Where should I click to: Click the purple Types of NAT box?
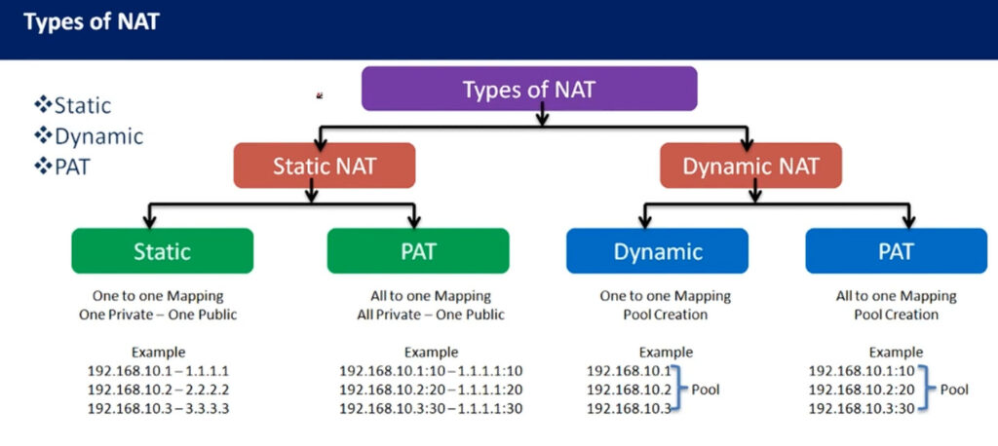pos(529,89)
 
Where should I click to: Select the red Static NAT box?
pos(324,166)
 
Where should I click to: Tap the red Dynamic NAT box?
pos(750,166)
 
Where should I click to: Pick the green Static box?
pos(163,250)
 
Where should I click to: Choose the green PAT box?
pos(418,250)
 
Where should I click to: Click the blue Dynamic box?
pos(658,250)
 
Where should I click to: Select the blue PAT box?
pos(897,250)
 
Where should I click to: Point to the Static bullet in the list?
pos(73,105)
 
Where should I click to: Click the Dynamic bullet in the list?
pos(89,136)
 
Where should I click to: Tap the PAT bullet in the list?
pos(62,167)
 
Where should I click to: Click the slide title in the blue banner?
pos(91,22)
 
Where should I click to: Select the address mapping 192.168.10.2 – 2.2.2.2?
pos(158,390)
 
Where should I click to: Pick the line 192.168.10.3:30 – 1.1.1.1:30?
pos(431,408)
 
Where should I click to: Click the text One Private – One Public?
pos(158,315)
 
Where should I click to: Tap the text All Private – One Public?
pos(431,315)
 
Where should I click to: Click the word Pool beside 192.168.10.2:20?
pos(954,390)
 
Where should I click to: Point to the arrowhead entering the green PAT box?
pos(413,221)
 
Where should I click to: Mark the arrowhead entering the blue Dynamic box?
pos(645,221)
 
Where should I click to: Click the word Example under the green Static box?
pos(158,352)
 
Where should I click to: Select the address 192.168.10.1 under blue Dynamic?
pos(629,371)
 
